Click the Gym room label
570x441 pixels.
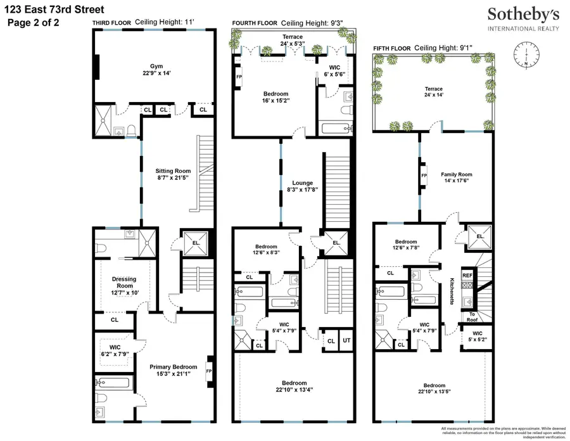click(x=156, y=66)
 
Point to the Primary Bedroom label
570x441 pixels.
click(x=172, y=366)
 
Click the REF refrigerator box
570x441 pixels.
click(x=467, y=276)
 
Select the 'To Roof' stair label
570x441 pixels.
click(x=472, y=316)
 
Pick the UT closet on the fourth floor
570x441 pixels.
click(x=346, y=341)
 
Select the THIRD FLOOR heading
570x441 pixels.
click(x=111, y=23)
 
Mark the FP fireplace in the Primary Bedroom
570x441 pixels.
click(x=209, y=366)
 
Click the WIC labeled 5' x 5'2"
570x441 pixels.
click(x=477, y=336)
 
